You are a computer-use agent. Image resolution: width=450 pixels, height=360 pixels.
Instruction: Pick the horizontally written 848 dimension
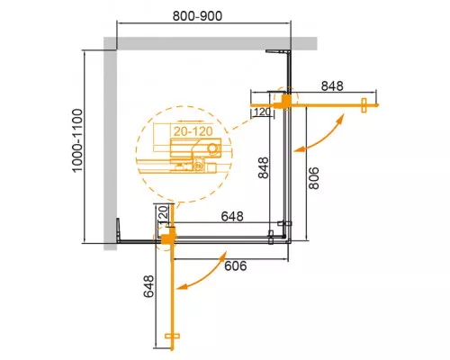pyautogui.click(x=332, y=87)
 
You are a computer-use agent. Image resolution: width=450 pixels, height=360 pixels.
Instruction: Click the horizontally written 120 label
pyautogui.click(x=262, y=112)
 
